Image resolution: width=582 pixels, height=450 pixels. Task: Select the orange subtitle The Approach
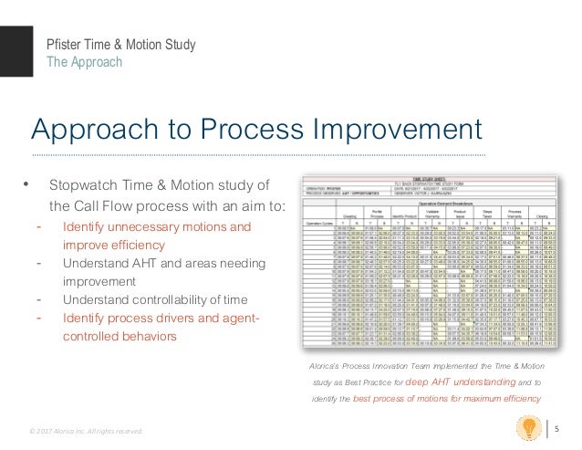82,62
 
